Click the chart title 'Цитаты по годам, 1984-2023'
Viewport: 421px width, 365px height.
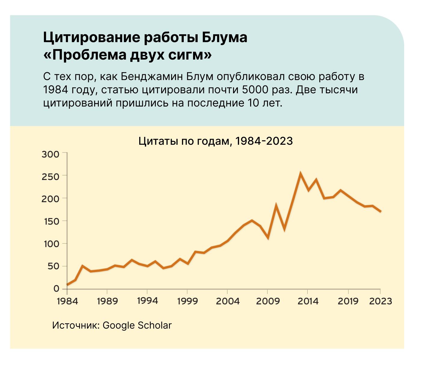(215, 141)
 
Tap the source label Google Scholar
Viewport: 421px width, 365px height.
(137, 325)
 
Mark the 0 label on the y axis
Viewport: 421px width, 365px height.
(56, 289)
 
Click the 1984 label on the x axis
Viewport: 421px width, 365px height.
(67, 301)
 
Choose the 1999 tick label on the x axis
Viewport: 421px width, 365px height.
(187, 301)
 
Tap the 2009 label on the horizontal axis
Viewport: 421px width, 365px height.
(268, 301)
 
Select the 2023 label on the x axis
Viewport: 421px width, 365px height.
(380, 301)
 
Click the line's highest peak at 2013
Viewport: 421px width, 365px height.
(300, 174)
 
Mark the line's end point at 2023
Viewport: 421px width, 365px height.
(380, 212)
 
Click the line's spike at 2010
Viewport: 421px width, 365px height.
(276, 206)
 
